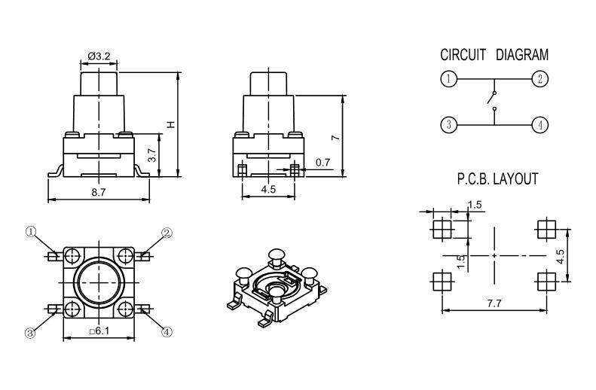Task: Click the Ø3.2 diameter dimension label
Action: [99, 56]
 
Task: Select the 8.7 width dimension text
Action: [98, 193]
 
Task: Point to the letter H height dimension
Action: [170, 124]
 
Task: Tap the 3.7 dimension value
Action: [152, 156]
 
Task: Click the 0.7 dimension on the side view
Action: [322, 162]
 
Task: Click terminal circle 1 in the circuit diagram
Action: [448, 78]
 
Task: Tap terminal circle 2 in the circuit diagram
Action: [539, 78]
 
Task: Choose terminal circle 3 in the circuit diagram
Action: [448, 125]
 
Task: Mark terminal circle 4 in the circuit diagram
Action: [539, 125]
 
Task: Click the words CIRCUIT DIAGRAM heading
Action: [494, 55]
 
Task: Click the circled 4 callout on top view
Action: [167, 331]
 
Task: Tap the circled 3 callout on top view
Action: [31, 332]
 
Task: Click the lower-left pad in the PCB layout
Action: [441, 282]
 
